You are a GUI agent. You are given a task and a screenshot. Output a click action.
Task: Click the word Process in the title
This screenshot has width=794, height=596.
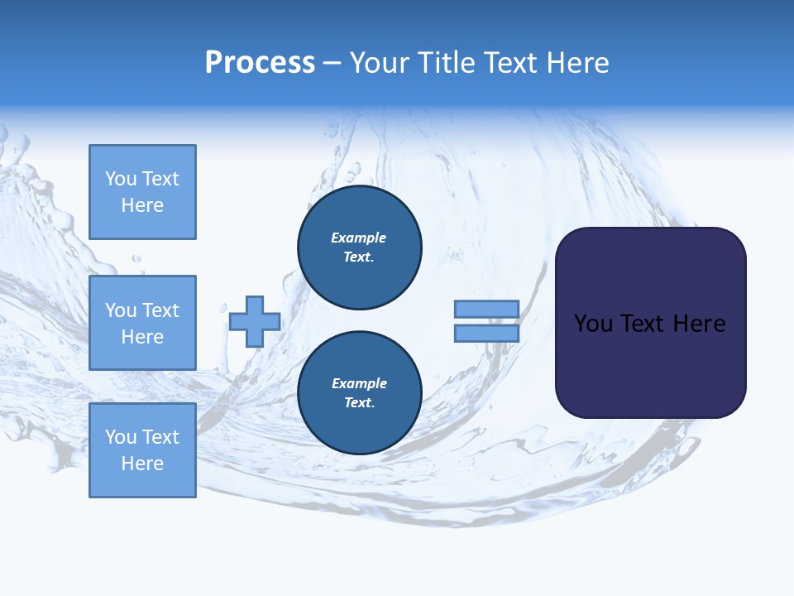click(x=260, y=63)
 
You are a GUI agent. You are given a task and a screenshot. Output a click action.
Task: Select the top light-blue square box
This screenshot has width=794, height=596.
click(x=142, y=192)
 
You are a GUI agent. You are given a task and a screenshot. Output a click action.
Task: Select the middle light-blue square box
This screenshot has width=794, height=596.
click(x=142, y=323)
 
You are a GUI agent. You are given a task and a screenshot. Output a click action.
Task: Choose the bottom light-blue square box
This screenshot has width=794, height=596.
click(x=142, y=450)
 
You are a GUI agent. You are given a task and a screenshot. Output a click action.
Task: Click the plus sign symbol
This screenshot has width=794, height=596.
click(x=254, y=322)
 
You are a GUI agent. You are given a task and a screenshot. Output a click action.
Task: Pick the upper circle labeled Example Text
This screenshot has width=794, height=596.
click(x=360, y=248)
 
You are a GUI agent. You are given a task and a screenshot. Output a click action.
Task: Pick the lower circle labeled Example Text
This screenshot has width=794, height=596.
click(x=360, y=393)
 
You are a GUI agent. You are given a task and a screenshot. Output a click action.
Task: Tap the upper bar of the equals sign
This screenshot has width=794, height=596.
click(x=486, y=309)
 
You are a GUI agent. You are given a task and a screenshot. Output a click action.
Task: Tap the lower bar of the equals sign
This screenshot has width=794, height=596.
click(x=486, y=333)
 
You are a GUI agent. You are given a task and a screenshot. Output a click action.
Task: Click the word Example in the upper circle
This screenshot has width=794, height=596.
click(x=359, y=238)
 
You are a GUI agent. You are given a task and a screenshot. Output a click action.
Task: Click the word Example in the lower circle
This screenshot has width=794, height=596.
click(x=359, y=383)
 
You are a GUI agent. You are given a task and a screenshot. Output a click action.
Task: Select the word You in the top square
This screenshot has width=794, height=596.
click(x=121, y=179)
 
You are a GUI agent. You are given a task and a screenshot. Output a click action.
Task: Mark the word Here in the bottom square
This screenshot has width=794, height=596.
click(x=142, y=464)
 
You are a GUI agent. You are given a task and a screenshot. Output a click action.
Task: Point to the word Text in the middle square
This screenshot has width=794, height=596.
click(x=160, y=310)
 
